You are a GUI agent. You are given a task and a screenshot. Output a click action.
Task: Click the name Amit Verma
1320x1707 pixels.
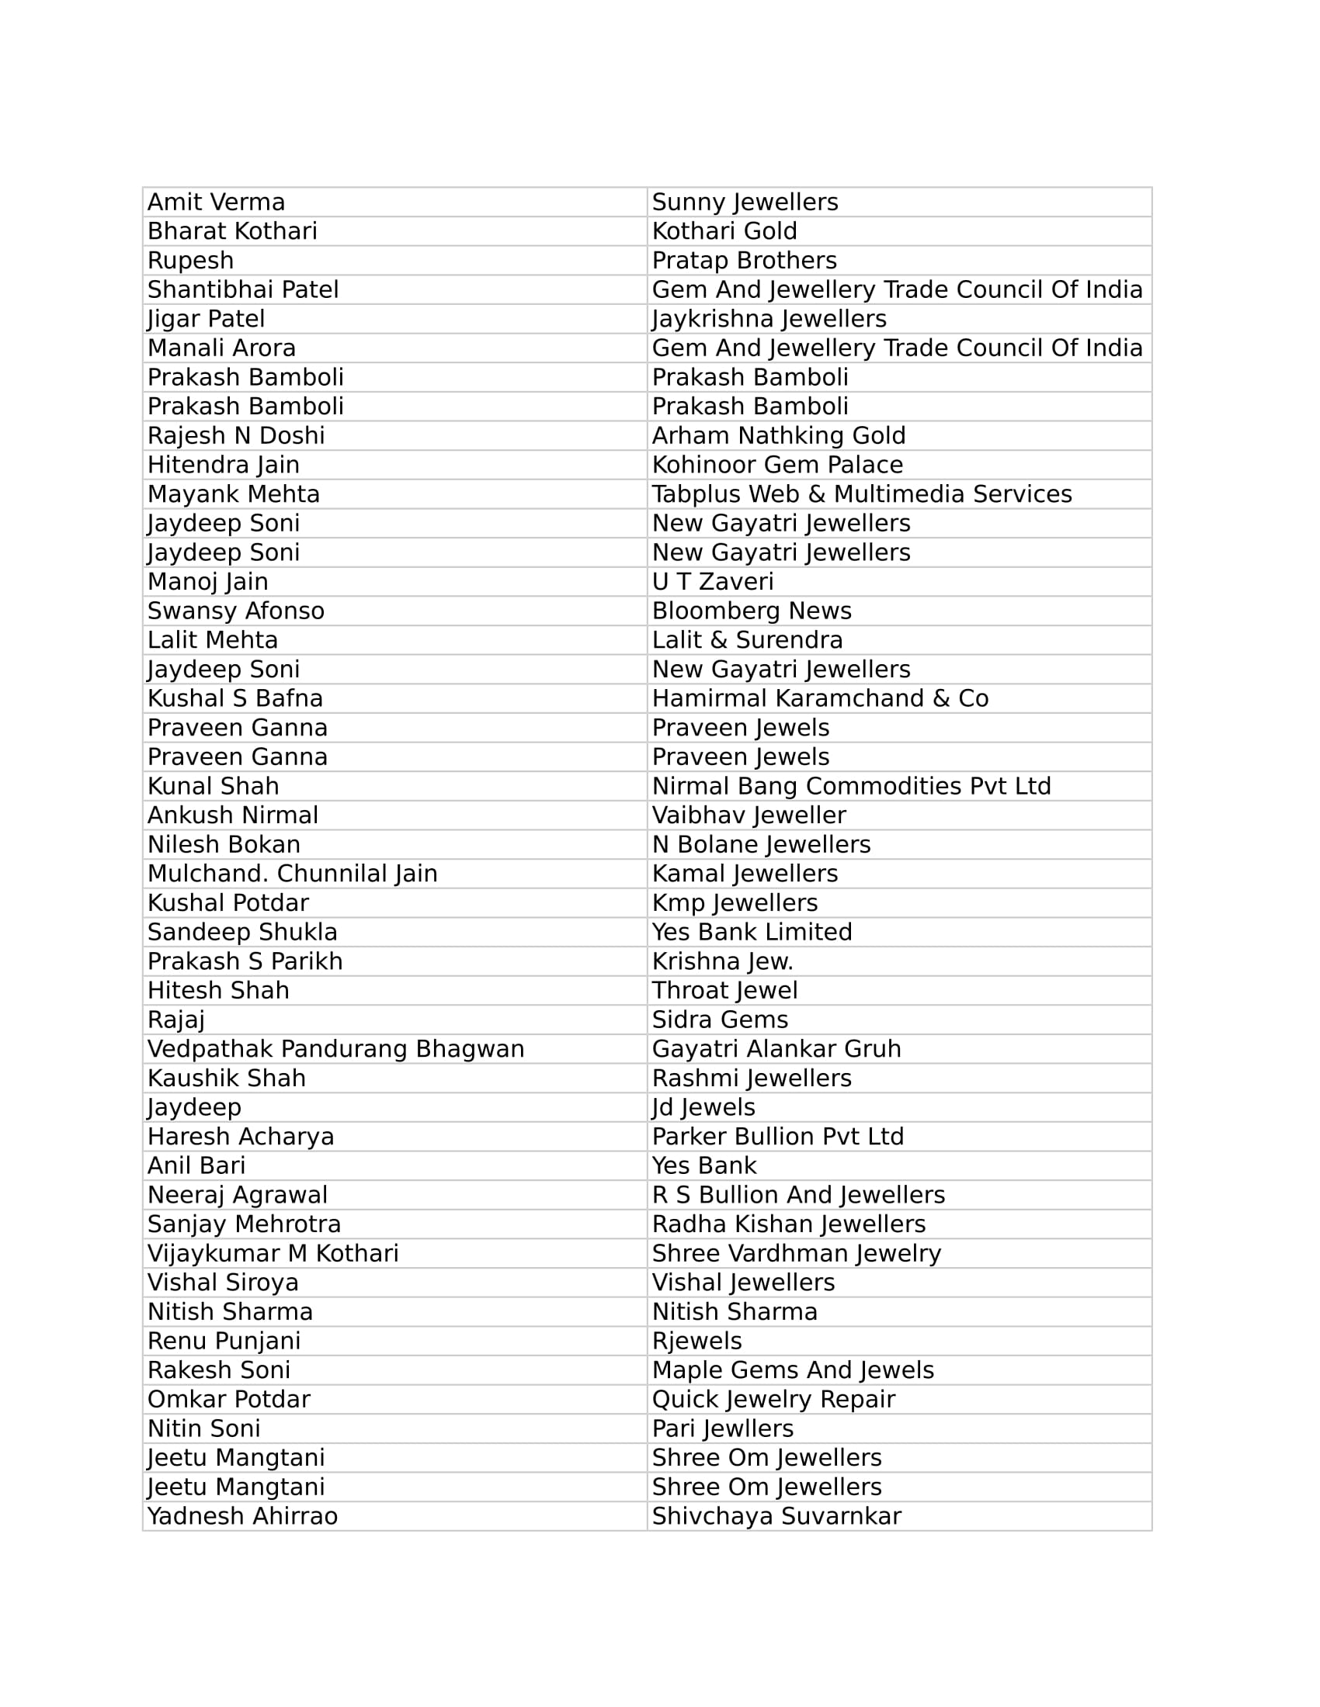216,203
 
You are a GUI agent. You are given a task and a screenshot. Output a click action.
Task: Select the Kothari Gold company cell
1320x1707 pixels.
724,231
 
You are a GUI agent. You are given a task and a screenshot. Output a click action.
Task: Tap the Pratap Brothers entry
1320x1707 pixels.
744,260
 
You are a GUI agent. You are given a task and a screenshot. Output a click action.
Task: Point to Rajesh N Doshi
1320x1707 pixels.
235,435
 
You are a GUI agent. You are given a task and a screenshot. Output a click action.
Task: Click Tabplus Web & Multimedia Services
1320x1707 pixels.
862,494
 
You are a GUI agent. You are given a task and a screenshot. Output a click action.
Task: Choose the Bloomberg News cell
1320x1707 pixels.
752,611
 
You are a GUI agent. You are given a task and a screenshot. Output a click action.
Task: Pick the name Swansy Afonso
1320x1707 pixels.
235,611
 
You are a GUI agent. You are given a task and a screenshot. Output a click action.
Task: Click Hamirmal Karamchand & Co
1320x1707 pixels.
820,698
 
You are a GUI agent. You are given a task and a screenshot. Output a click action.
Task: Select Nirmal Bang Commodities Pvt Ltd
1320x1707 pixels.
852,785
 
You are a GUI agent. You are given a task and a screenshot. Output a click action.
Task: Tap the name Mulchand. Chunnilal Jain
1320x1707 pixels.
293,873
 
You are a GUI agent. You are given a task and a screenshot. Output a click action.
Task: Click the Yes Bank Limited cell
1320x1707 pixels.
752,932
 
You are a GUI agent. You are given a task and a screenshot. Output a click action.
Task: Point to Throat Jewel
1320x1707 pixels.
725,990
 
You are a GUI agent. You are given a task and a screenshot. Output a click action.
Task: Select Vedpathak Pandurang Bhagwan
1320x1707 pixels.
335,1049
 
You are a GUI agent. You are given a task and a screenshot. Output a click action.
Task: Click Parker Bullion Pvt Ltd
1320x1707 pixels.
777,1137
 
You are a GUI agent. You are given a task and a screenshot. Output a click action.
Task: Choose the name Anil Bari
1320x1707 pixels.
196,1165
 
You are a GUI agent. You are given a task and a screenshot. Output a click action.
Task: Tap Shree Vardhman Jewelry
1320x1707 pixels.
796,1253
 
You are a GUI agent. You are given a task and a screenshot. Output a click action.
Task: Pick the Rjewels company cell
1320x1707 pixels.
696,1341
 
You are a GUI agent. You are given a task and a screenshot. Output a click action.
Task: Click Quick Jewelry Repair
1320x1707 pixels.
773,1399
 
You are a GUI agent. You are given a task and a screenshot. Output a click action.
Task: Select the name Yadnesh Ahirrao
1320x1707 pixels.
242,1516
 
